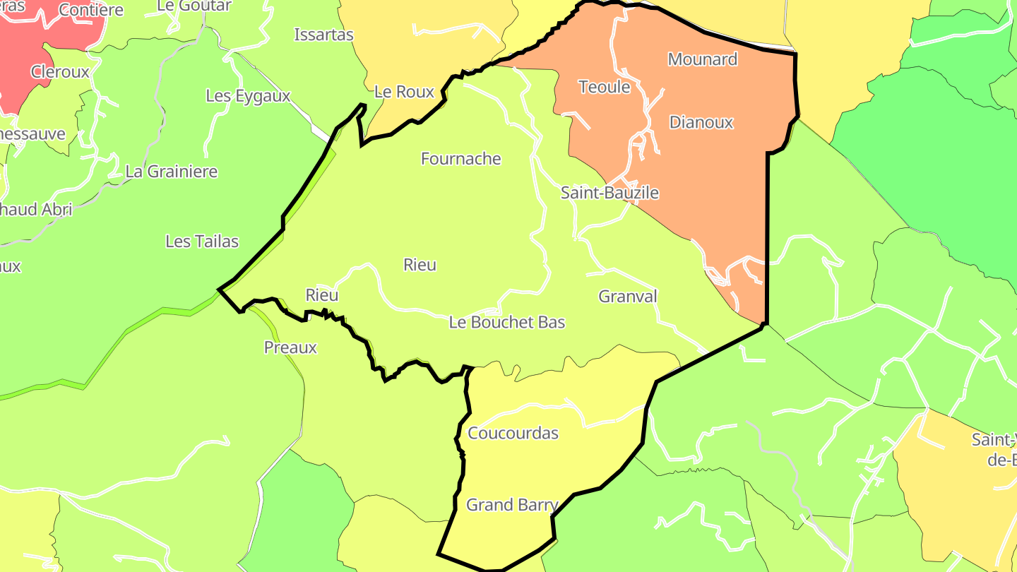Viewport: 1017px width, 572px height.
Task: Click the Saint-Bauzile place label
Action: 609,192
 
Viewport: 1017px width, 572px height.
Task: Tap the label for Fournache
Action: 460,159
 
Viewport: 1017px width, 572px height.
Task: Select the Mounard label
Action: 703,59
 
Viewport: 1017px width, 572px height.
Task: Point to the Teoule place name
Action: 604,88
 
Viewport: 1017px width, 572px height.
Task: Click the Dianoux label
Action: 701,122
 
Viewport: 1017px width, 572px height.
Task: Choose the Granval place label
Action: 628,297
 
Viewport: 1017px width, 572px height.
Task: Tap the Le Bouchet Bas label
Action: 507,322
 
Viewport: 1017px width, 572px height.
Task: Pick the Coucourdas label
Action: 513,433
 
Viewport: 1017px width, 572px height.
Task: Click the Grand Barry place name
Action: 512,505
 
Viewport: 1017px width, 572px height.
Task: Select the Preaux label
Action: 290,347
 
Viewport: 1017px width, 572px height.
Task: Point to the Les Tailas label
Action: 202,242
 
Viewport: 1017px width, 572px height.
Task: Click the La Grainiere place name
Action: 172,172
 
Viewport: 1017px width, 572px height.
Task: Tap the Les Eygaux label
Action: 248,96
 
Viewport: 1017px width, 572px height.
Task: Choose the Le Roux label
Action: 404,92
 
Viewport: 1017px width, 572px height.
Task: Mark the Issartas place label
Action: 323,35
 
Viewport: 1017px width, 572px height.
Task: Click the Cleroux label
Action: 60,72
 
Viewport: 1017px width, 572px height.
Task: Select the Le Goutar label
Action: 194,6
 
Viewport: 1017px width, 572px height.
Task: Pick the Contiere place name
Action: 91,10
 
